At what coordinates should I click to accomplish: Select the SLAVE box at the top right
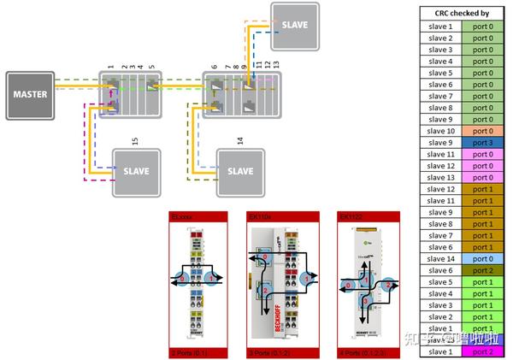tap(294, 25)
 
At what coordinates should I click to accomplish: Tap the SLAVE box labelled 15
tap(137, 171)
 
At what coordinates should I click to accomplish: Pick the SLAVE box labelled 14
tap(240, 171)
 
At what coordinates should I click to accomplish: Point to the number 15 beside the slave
tap(134, 141)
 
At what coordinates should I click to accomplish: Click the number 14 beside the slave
tap(240, 141)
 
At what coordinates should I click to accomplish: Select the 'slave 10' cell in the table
tap(440, 131)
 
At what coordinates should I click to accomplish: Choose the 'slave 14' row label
tap(440, 258)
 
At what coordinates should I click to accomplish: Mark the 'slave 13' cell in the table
tap(440, 177)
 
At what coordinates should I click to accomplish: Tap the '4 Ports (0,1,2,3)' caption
tap(357, 351)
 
